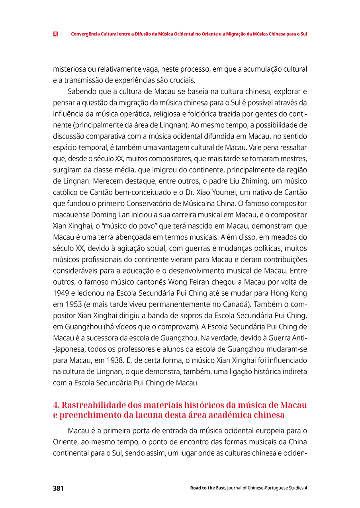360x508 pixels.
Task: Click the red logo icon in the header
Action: (x=55, y=34)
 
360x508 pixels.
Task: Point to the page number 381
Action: (x=58, y=488)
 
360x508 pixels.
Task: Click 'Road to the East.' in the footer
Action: (x=208, y=488)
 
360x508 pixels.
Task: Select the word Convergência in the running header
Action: (x=84, y=34)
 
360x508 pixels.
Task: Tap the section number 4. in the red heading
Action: (x=56, y=405)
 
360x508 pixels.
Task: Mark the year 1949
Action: (x=61, y=293)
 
